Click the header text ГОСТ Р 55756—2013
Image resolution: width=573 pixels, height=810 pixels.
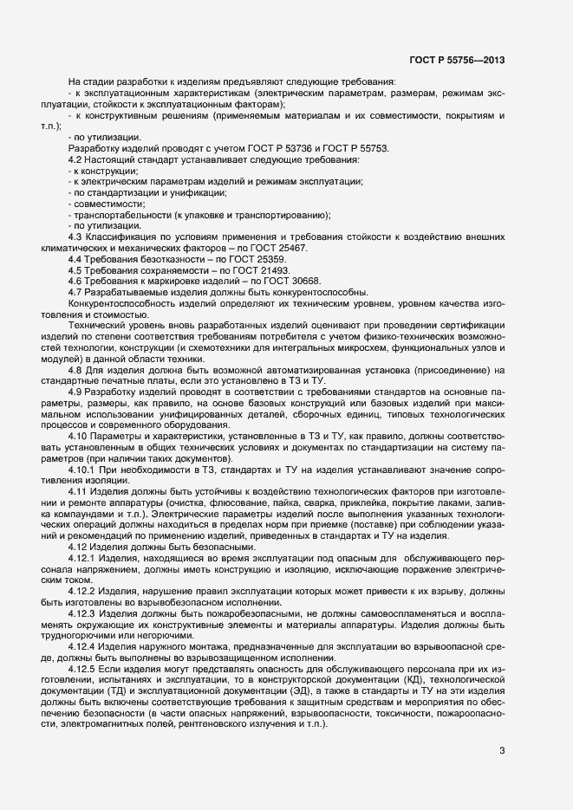point(458,60)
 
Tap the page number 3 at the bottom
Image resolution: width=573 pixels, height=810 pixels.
point(502,750)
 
